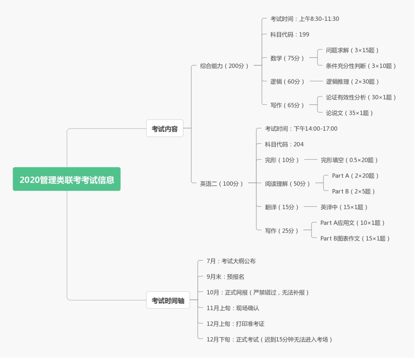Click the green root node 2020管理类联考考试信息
[66, 179]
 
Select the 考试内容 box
[164, 129]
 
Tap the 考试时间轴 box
[168, 300]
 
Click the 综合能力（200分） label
[224, 66]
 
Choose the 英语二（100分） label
[222, 183]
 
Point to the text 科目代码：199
[290, 34]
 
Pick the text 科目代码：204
[284, 144]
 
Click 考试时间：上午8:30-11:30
[305, 19]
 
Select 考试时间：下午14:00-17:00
[301, 128]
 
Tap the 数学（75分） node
[287, 58]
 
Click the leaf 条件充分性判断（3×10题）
[361, 66]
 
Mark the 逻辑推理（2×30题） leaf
[353, 82]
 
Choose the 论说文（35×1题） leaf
[349, 113]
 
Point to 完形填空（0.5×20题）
[349, 160]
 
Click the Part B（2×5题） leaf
[353, 191]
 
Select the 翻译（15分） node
[282, 207]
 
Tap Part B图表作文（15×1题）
[355, 238]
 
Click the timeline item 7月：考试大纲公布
[231, 261]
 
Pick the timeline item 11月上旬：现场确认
[233, 308]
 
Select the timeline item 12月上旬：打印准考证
[236, 324]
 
